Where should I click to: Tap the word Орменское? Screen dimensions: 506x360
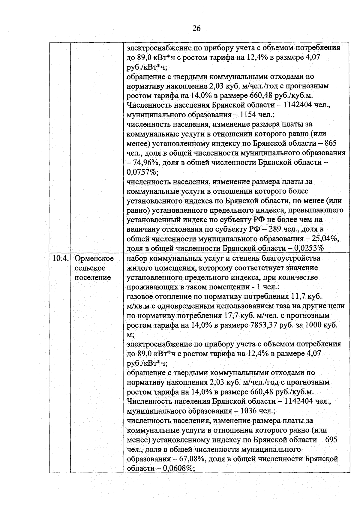pyautogui.click(x=94, y=258)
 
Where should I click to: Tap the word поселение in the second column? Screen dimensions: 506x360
pyautogui.click(x=92, y=277)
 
